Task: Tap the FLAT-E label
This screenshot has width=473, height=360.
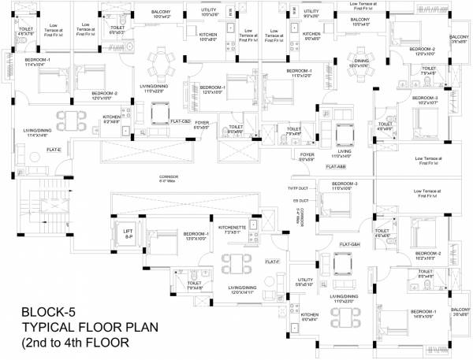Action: (54, 149)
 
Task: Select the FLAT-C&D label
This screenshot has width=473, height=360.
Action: (181, 121)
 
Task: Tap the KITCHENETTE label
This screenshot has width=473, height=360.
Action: (215, 231)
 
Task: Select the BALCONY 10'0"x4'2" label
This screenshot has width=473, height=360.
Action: (166, 13)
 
